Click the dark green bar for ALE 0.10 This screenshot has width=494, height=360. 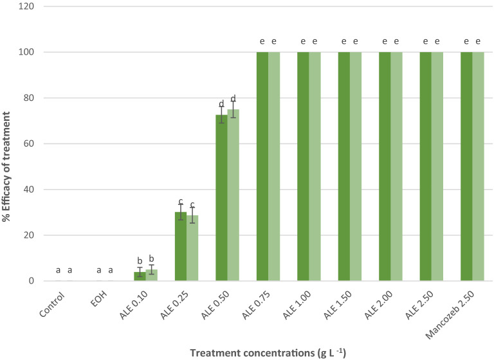click(x=140, y=276)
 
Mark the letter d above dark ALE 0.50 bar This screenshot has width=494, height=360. click(x=221, y=104)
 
